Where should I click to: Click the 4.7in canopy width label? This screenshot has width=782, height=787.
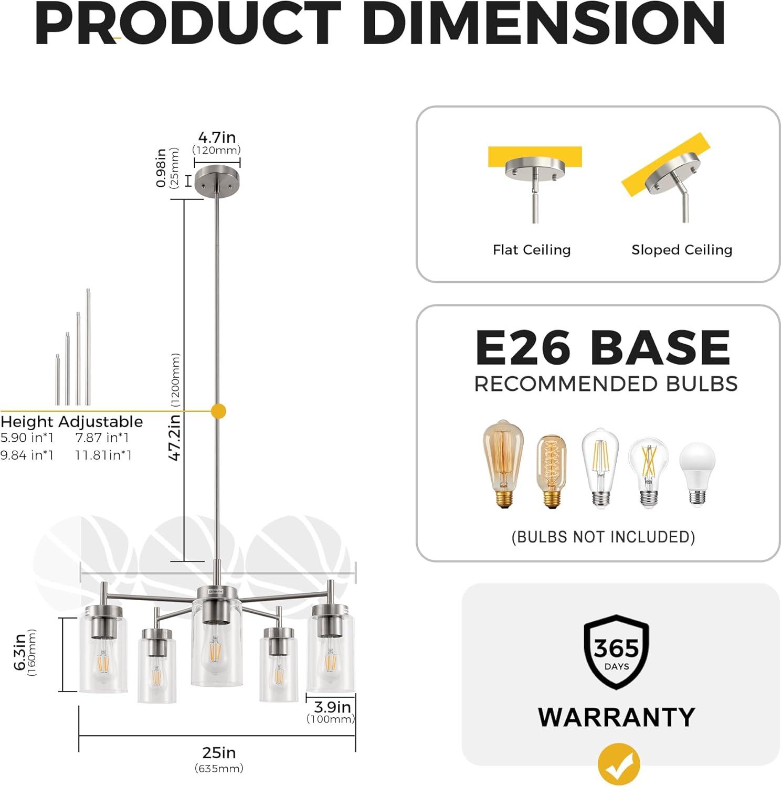(x=217, y=137)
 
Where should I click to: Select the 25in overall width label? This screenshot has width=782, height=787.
(x=219, y=753)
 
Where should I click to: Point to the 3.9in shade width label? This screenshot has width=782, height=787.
(x=332, y=707)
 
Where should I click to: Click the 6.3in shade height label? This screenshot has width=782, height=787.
(x=20, y=652)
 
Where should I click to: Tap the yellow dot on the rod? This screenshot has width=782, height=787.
(x=218, y=411)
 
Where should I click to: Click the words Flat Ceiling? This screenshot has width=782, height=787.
(x=532, y=250)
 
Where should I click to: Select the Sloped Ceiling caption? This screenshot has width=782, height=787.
(x=682, y=250)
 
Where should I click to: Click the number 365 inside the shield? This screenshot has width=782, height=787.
(x=617, y=648)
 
